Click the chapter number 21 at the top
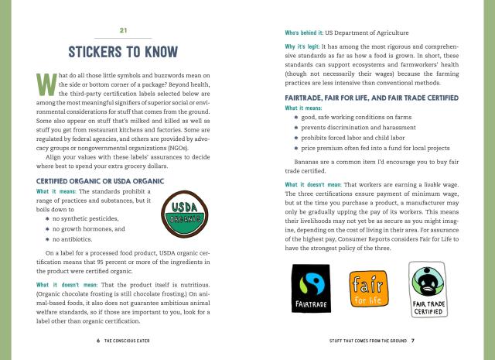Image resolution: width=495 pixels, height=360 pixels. [123, 30]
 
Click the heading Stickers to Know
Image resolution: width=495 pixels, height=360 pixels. [123, 53]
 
